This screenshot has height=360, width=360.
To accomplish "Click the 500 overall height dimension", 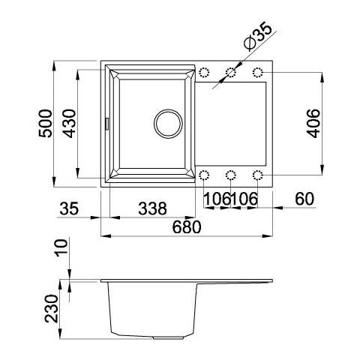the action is (x=46, y=123).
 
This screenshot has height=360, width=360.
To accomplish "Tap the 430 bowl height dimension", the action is (x=69, y=124).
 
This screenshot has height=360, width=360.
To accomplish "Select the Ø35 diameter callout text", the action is (x=258, y=37).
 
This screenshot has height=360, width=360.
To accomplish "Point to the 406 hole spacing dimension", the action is (x=313, y=123).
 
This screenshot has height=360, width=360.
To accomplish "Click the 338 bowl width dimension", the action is (x=152, y=208).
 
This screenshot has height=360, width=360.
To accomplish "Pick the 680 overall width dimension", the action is (x=187, y=227).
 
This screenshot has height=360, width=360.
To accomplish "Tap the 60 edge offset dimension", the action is (x=304, y=199).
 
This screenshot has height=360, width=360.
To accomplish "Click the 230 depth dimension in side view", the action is (x=52, y=308).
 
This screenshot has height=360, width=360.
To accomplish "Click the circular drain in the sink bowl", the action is (x=168, y=124).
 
